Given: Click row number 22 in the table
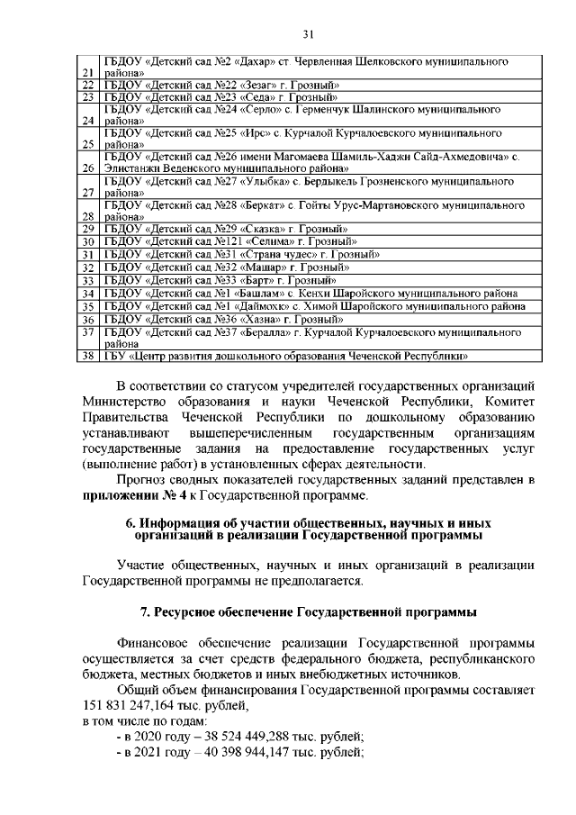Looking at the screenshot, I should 88,84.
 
